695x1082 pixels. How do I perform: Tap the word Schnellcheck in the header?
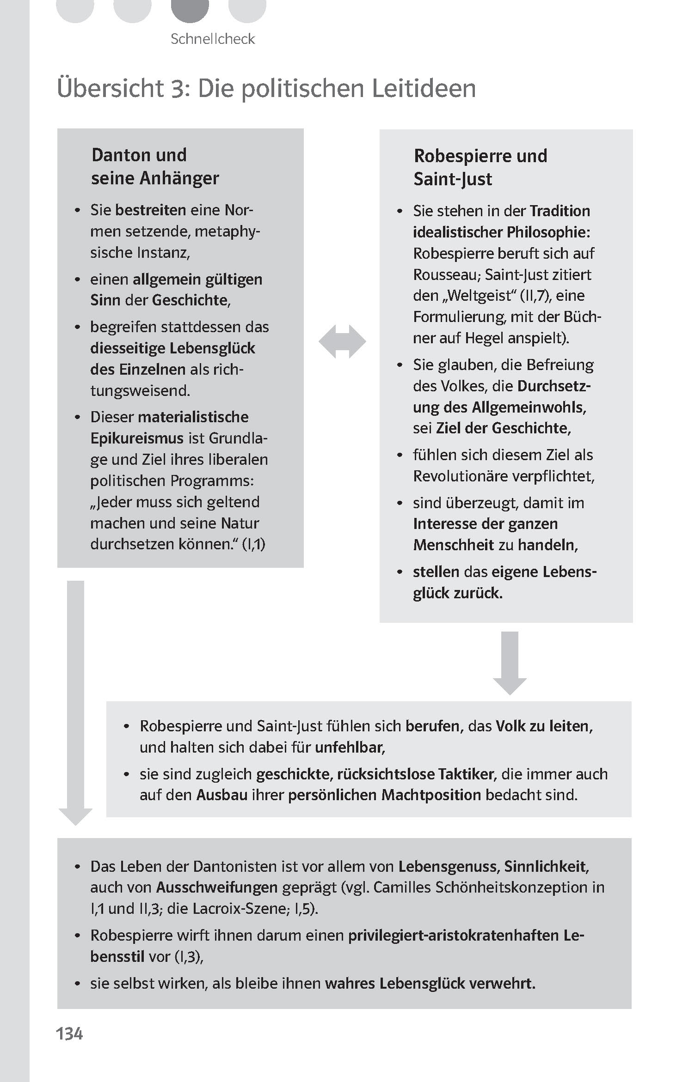point(213,39)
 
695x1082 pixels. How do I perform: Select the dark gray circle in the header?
point(190,8)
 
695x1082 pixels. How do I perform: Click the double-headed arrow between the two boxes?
point(342,342)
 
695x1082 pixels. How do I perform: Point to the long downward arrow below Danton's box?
point(76,702)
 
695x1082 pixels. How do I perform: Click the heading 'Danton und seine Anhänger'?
point(155,166)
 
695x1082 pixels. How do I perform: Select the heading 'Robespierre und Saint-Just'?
point(480,167)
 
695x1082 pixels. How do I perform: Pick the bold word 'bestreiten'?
point(150,210)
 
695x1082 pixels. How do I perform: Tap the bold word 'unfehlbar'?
point(350,748)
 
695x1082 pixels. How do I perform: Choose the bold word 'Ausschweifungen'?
point(216,887)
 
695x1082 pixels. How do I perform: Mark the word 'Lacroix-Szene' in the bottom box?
point(240,909)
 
